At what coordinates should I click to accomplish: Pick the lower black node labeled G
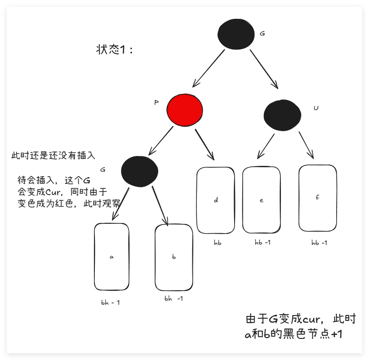(139, 171)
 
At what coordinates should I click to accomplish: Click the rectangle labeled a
(111, 257)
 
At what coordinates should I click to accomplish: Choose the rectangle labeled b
(173, 257)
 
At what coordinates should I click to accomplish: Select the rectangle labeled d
(216, 200)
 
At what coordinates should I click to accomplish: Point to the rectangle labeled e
(261, 200)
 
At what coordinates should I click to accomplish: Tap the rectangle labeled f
(317, 197)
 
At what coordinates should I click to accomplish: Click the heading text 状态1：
(115, 49)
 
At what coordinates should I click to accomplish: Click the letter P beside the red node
(156, 102)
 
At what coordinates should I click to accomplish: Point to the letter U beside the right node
(316, 108)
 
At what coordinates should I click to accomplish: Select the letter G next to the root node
(262, 34)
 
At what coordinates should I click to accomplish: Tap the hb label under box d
(218, 243)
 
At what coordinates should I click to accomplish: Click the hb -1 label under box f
(319, 243)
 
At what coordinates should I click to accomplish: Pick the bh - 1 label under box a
(111, 302)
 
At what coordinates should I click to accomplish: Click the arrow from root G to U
(263, 68)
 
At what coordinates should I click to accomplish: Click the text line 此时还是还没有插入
(53, 156)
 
